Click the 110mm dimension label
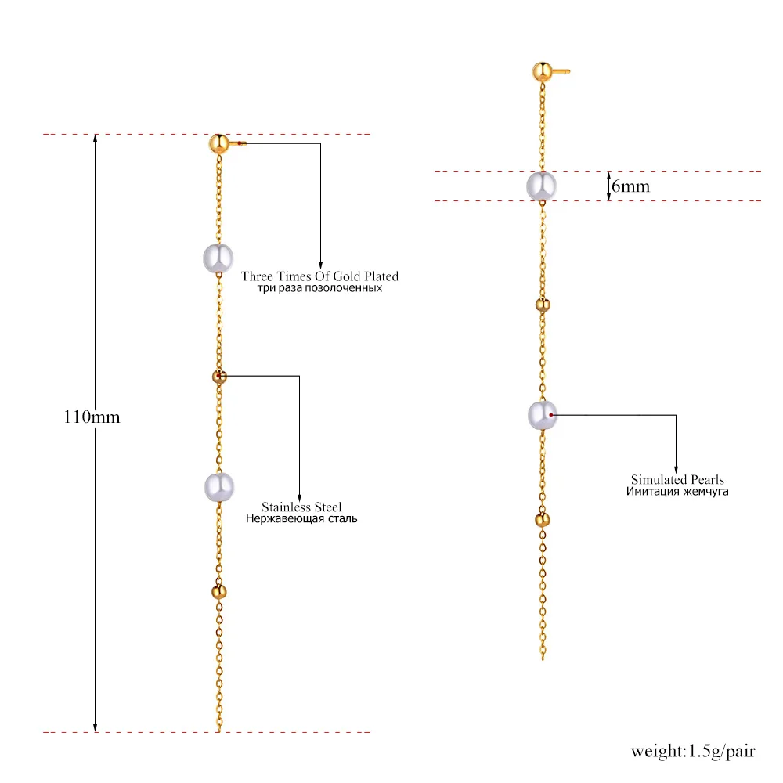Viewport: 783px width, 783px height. point(92,417)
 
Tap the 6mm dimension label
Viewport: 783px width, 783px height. point(630,187)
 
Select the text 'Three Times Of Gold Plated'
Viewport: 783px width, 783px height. point(319,276)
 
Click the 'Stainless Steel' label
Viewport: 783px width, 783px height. point(301,507)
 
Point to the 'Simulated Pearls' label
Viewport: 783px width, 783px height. point(677,479)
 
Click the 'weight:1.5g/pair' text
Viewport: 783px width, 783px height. point(693,752)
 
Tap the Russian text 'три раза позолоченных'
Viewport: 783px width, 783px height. point(319,288)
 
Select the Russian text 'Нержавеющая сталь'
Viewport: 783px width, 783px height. point(301,518)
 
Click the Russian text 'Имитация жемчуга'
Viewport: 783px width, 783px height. point(677,492)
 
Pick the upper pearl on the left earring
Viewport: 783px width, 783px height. point(218,258)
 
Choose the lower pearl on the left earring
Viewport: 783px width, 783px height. point(219,487)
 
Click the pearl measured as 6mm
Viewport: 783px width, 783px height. point(541,186)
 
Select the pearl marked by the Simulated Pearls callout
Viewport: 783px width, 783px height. point(542,415)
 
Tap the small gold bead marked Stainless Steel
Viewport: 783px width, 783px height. point(218,377)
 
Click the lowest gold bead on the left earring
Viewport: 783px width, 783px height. point(218,591)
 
